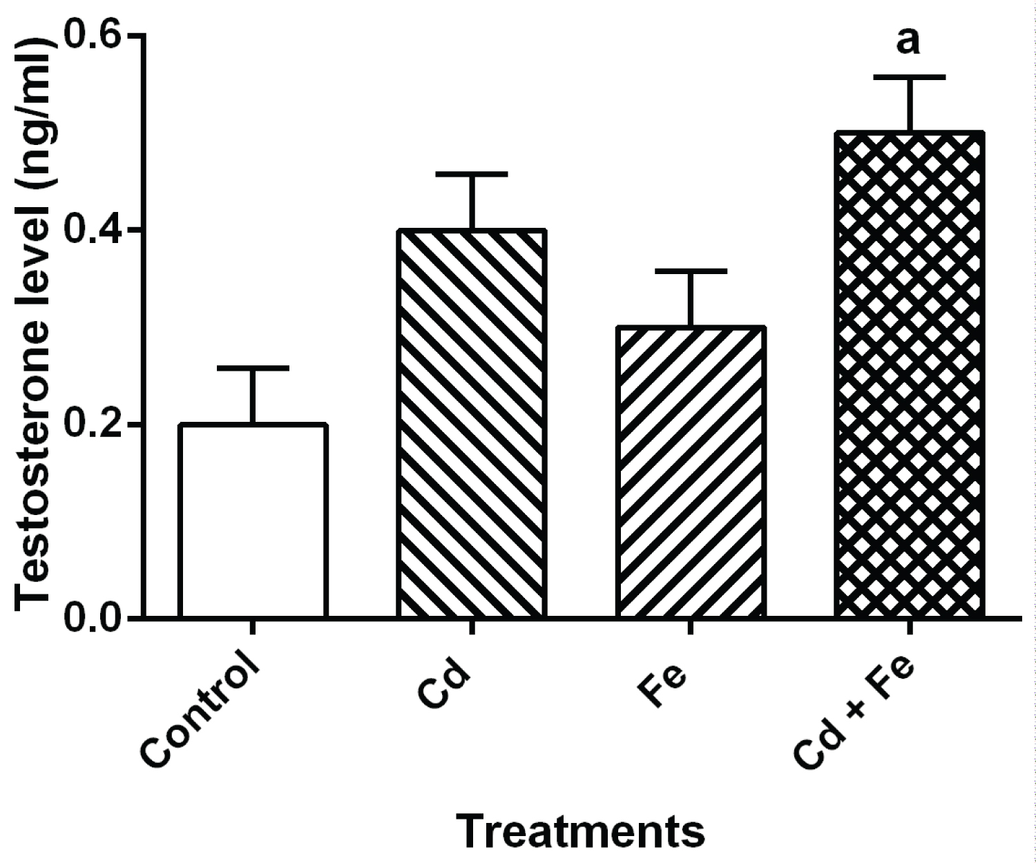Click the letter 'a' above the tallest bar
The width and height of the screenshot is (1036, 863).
coord(908,41)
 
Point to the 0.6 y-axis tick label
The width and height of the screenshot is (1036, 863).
coord(93,35)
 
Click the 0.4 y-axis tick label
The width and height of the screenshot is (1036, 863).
coord(93,229)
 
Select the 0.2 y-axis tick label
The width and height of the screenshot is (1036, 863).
coord(93,424)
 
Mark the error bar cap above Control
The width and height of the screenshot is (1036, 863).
coord(253,368)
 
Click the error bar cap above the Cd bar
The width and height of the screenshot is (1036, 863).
coord(472,174)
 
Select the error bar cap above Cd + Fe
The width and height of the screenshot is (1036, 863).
coord(910,77)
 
